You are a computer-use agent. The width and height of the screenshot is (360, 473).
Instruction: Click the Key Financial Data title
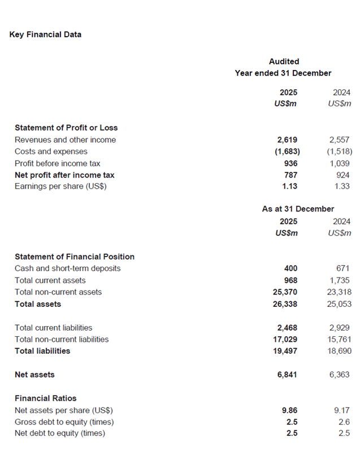(x=45, y=34)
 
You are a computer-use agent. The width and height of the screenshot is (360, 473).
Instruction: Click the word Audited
(x=284, y=61)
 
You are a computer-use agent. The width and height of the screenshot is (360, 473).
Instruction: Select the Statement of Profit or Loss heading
(x=66, y=128)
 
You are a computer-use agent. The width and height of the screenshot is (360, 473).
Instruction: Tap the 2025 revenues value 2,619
(x=287, y=140)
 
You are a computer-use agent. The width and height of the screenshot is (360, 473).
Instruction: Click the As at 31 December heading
(x=298, y=209)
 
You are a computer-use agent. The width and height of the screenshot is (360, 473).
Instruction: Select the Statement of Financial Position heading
(x=75, y=257)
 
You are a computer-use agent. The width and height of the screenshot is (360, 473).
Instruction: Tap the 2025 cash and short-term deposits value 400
(x=290, y=268)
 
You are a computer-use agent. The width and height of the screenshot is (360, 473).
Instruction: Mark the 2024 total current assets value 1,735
(x=339, y=280)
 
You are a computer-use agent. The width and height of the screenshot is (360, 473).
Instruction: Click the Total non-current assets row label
(x=58, y=292)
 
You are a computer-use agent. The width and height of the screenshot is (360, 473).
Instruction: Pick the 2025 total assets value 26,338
(x=285, y=304)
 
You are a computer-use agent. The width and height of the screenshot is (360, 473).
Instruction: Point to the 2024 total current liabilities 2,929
(x=339, y=328)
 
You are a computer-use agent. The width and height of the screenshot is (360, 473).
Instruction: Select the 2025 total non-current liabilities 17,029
(x=285, y=339)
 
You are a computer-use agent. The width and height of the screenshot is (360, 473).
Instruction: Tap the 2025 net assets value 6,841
(x=287, y=375)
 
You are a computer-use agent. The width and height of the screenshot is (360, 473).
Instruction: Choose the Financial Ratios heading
(x=45, y=398)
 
